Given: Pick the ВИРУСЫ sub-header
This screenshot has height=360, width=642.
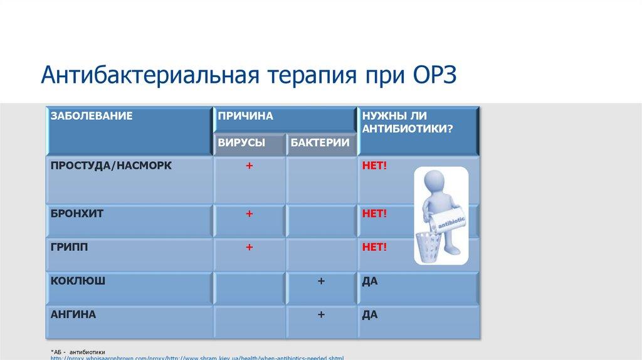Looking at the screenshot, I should [241, 143].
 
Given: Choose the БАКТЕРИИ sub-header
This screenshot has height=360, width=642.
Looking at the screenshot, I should [320, 143].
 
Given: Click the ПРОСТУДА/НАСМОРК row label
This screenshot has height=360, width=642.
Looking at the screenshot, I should [111, 166].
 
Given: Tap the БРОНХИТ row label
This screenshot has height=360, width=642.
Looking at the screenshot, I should [77, 214].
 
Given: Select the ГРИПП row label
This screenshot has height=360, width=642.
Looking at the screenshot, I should [70, 247].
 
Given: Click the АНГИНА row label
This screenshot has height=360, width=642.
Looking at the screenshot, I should [73, 314].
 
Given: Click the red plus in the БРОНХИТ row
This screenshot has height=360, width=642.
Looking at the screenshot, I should [249, 214].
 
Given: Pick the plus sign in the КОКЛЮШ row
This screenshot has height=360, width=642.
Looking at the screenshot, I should [320, 282].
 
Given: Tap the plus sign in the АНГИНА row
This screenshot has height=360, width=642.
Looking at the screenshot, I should [320, 315].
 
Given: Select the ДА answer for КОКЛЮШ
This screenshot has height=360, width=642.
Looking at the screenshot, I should [369, 281].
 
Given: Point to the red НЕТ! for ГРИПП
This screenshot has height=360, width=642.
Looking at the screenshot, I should [374, 247].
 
